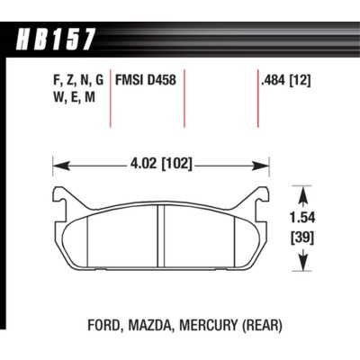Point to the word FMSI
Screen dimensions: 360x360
[x=130, y=81]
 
